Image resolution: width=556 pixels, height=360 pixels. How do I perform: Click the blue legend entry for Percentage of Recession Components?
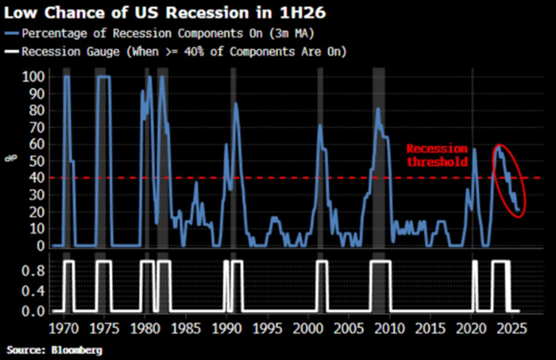pyautogui.click(x=170, y=33)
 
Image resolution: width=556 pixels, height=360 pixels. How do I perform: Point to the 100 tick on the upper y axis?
pyautogui.click(x=30, y=78)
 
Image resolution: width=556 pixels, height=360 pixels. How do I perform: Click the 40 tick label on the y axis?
pyautogui.click(x=33, y=178)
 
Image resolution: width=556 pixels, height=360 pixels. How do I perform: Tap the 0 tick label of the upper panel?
pyautogui.click(x=37, y=245)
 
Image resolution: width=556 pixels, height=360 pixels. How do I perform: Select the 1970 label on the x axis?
pyautogui.click(x=61, y=328)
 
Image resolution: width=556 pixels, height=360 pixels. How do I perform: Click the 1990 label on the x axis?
pyautogui.click(x=227, y=328)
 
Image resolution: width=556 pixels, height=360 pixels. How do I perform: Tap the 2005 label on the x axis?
pyautogui.click(x=351, y=328)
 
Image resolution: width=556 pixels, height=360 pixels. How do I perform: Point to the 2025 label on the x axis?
pyautogui.click(x=516, y=328)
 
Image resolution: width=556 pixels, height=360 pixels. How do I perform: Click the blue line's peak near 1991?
pyautogui.click(x=235, y=104)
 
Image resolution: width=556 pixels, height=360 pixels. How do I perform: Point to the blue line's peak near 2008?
pyautogui.click(x=379, y=110)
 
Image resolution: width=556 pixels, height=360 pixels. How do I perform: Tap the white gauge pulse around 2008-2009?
pyautogui.click(x=381, y=263)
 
